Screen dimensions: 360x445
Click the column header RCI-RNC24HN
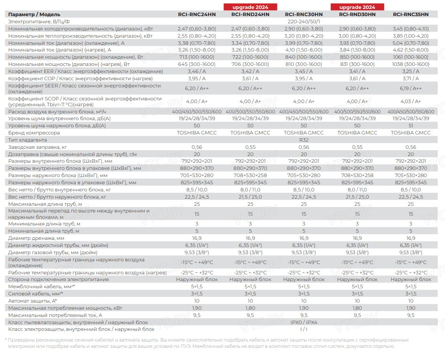tap(196, 14)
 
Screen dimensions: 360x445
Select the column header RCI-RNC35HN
tap(410, 14)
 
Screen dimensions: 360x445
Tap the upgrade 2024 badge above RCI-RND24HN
tap(250, 7)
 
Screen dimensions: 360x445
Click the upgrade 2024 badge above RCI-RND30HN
tap(357, 7)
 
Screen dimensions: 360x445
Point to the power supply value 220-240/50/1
tap(303, 21)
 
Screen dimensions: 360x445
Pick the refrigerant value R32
tap(303, 140)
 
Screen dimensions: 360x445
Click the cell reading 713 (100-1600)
tap(196, 57)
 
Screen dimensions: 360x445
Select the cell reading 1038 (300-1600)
tap(410, 64)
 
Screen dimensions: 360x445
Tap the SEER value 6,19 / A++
tap(410, 88)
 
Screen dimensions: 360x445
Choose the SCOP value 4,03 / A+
tap(410, 101)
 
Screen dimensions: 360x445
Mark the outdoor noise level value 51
tap(410, 126)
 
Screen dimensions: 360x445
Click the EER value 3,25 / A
tap(410, 71)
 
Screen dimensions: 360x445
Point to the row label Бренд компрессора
tap(34, 133)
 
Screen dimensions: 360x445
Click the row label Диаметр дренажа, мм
tap(36, 238)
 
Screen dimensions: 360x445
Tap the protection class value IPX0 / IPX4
tap(303, 322)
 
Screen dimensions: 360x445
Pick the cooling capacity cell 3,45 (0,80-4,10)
tap(410, 28)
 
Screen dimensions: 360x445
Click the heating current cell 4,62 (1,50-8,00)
tap(410, 50)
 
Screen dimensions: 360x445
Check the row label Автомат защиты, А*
tap(33, 300)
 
